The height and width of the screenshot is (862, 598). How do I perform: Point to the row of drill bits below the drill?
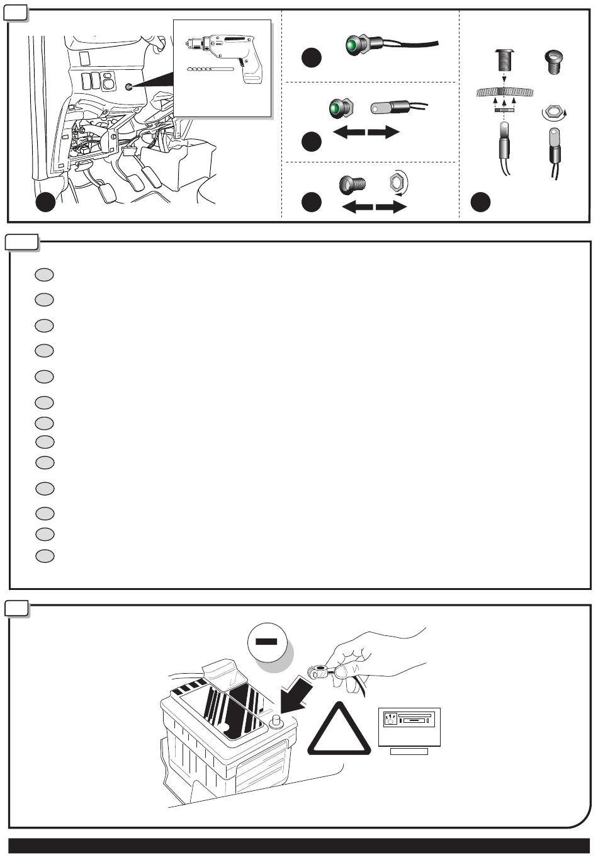(211, 68)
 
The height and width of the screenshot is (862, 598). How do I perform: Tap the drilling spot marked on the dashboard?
(129, 87)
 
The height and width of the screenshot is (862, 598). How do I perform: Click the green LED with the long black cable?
(353, 45)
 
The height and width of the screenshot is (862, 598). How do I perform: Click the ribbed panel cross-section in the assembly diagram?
(504, 92)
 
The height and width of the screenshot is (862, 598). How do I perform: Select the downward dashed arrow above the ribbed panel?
(504, 79)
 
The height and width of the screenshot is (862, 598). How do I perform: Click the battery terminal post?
(274, 720)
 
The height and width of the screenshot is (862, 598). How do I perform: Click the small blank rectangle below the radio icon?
(409, 751)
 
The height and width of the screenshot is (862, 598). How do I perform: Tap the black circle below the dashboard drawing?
(44, 202)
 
